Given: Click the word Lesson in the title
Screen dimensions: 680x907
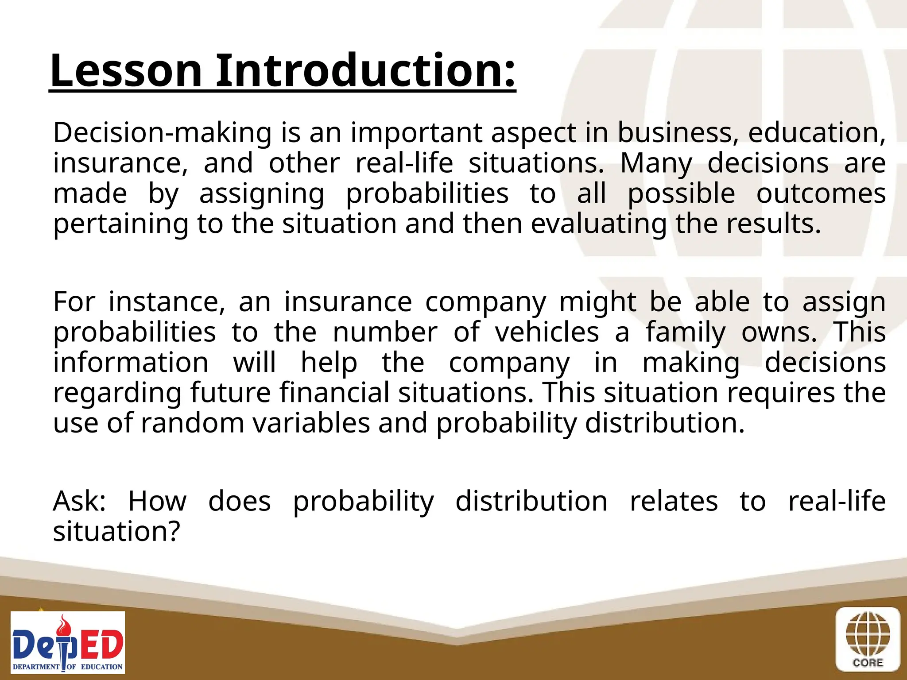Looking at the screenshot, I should pyautogui.click(x=126, y=71).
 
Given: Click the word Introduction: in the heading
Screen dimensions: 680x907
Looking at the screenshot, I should pyautogui.click(x=366, y=71).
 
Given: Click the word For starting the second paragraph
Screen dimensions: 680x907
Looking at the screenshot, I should pyautogui.click(x=74, y=302).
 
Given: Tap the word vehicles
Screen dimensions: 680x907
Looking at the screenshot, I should pyautogui.click(x=547, y=332).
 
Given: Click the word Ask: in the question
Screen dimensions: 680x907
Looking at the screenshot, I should pyautogui.click(x=79, y=502).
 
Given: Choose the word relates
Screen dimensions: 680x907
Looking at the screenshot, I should pyautogui.click(x=674, y=502).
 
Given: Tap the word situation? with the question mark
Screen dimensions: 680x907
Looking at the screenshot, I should pyautogui.click(x=116, y=532).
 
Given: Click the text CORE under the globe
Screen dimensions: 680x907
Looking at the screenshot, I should pyautogui.click(x=868, y=663).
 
